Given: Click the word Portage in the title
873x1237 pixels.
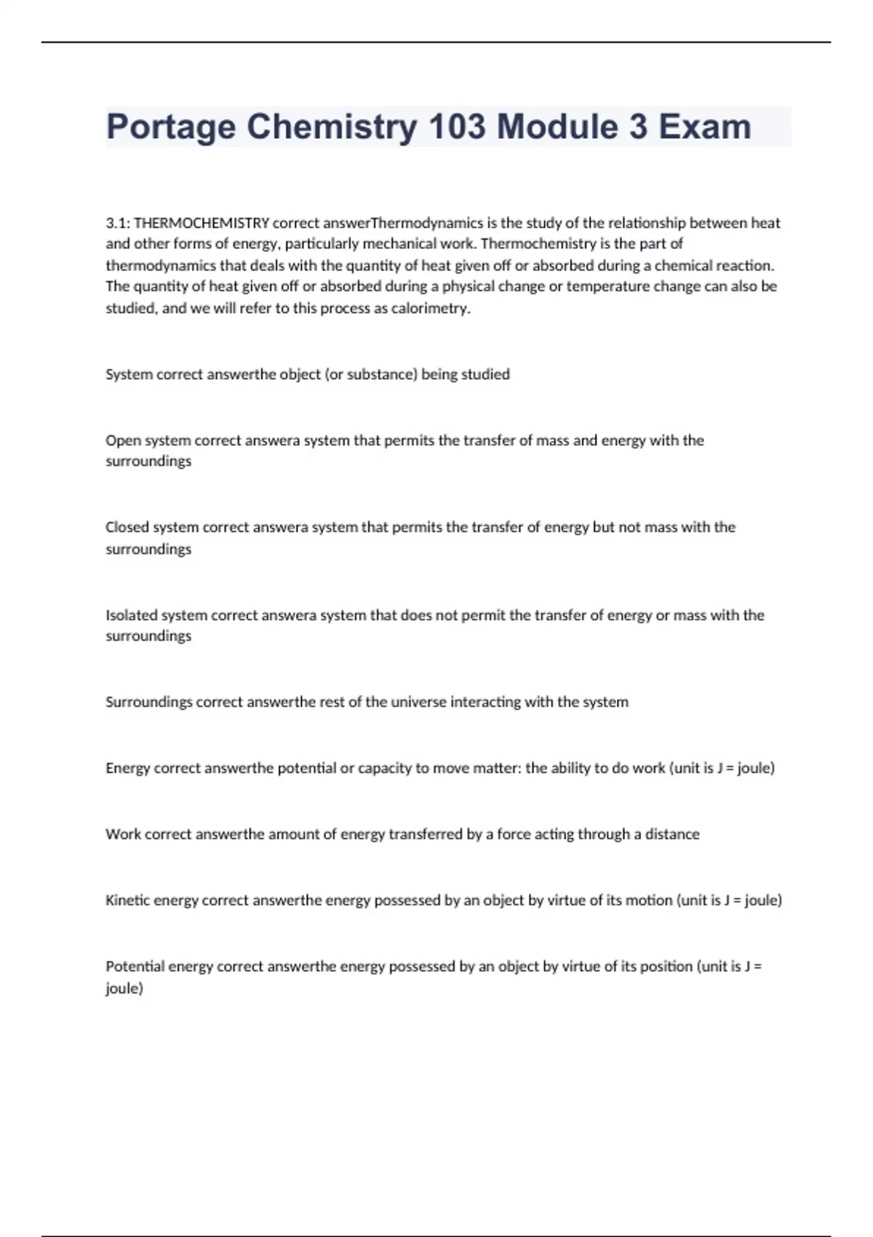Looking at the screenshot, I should [x=171, y=127].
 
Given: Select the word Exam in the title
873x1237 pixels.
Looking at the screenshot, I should [x=705, y=127].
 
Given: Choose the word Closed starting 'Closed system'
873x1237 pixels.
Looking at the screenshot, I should [x=127, y=527].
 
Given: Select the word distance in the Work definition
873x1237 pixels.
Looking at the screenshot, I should [x=672, y=834].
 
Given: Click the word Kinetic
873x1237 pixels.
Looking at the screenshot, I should [x=127, y=900].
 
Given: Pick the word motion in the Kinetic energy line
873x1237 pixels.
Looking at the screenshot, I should [x=649, y=900].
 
